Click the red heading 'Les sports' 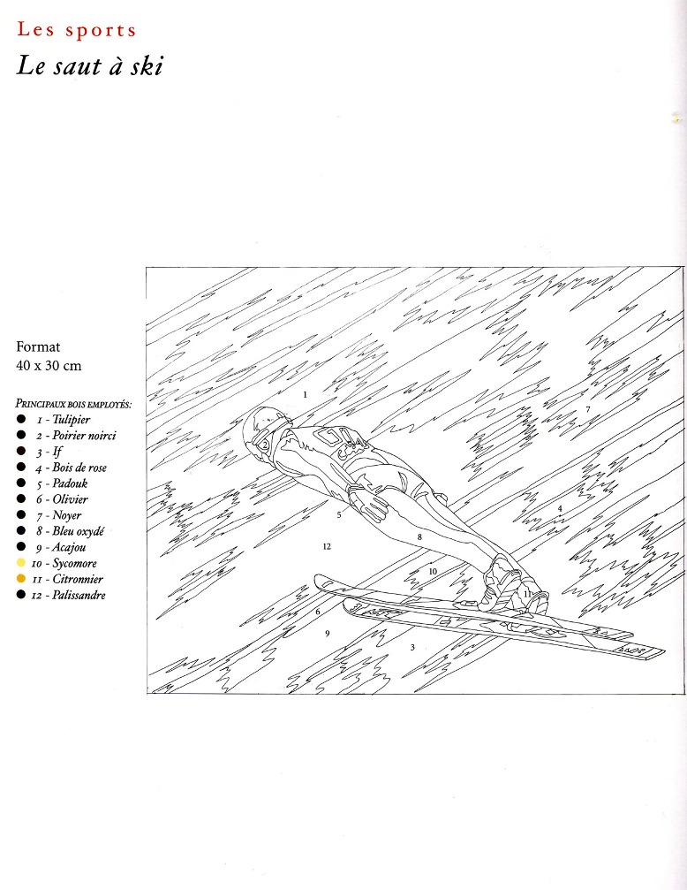tap(77, 29)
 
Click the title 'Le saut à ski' tap(90, 65)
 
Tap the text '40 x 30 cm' tap(49, 366)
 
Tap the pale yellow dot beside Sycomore tap(21, 562)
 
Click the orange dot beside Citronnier tap(21, 578)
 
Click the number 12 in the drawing tap(327, 546)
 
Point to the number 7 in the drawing tap(588, 408)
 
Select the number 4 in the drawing tap(560, 508)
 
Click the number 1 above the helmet tap(306, 394)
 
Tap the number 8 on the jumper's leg tap(419, 537)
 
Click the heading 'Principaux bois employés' tap(74, 404)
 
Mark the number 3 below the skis tap(412, 647)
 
